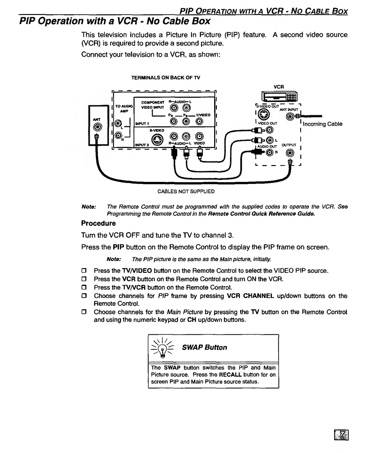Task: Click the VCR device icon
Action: [279, 97]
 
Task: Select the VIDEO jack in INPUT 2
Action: [199, 137]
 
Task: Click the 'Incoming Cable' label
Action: [322, 124]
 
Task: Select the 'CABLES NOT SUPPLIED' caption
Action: [186, 191]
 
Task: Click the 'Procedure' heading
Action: [98, 223]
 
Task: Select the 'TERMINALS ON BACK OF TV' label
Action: [165, 77]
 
